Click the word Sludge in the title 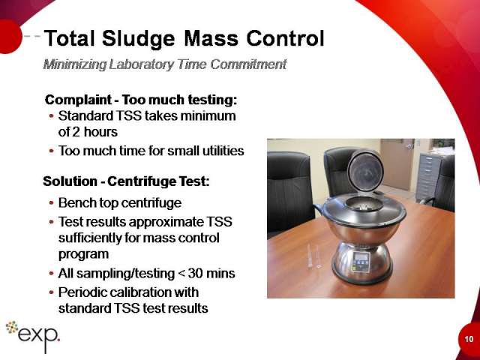pyautogui.click(x=138, y=39)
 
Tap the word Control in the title pyautogui.click(x=285, y=38)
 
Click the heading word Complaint pyautogui.click(x=78, y=100)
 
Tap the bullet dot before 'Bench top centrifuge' pyautogui.click(x=52, y=203)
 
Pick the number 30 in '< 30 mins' pyautogui.click(x=196, y=273)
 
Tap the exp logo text pyautogui.click(x=38, y=336)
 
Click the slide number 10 pyautogui.click(x=469, y=339)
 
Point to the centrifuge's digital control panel pyautogui.click(x=361, y=262)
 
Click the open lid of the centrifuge pyautogui.click(x=365, y=170)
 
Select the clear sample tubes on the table pyautogui.click(x=314, y=256)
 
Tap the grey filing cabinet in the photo pyautogui.click(x=429, y=177)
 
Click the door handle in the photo pyautogui.click(x=408, y=146)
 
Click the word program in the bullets pyautogui.click(x=83, y=255)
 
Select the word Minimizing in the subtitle pyautogui.click(x=75, y=64)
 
